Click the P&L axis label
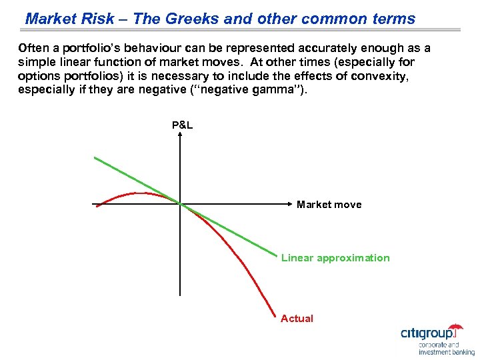[x=182, y=125]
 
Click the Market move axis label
[x=329, y=205]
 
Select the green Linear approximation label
[x=335, y=258]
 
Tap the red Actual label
[x=297, y=319]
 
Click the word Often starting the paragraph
[x=33, y=49]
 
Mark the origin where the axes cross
[x=180, y=203]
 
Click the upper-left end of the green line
[x=95, y=157]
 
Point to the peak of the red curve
[x=140, y=193]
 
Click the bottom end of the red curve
[x=275, y=314]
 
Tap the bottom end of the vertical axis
[x=180, y=294]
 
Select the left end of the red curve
[x=97, y=206]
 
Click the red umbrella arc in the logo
[x=455, y=327]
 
